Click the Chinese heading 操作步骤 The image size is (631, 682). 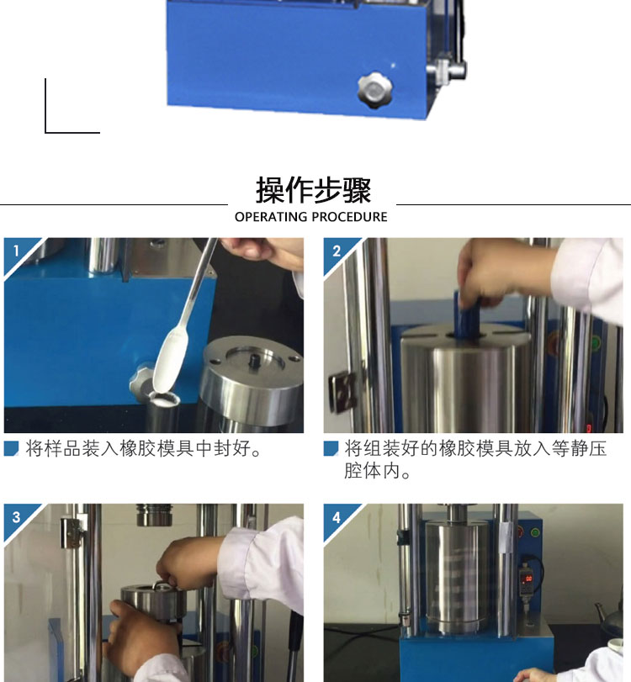click(313, 190)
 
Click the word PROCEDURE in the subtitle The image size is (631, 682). click(349, 217)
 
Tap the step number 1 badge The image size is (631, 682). click(17, 251)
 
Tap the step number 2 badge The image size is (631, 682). click(337, 251)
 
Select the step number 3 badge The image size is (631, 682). click(17, 517)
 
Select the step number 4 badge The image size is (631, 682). click(337, 517)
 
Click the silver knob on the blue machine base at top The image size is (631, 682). click(374, 90)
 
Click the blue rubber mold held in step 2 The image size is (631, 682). click(468, 312)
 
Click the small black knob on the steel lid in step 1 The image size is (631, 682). click(252, 361)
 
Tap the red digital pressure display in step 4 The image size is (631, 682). click(528, 579)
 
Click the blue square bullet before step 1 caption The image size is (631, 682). click(11, 448)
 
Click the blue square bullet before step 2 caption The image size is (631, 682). click(331, 448)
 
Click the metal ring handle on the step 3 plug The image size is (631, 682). click(162, 585)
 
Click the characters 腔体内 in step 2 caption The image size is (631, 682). click(372, 471)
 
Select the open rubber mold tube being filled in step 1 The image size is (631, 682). click(163, 409)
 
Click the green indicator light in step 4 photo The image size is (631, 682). click(535, 532)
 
